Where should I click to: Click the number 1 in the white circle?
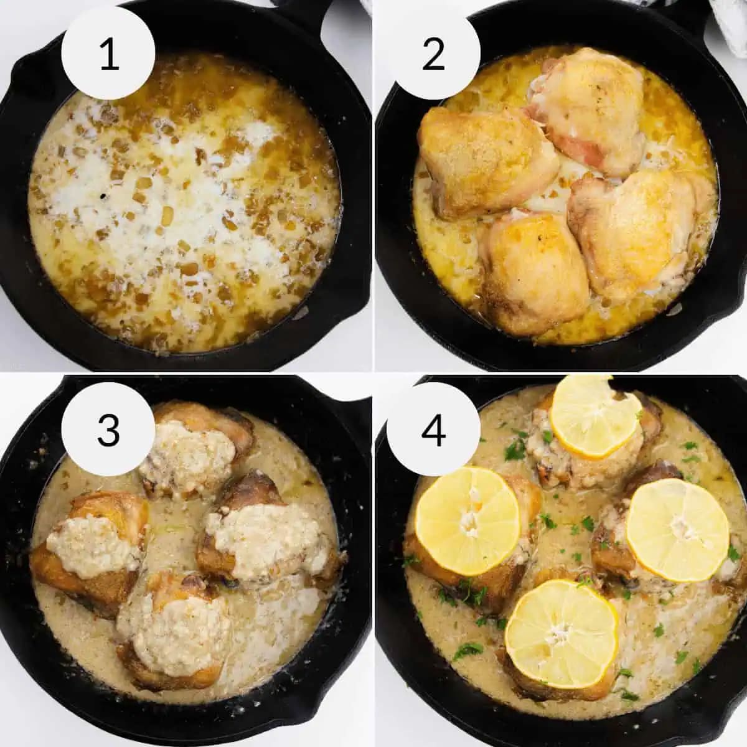(108, 55)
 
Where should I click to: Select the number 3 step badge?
(108, 430)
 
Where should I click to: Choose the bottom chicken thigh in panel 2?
(532, 271)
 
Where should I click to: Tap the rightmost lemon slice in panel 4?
(677, 529)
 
